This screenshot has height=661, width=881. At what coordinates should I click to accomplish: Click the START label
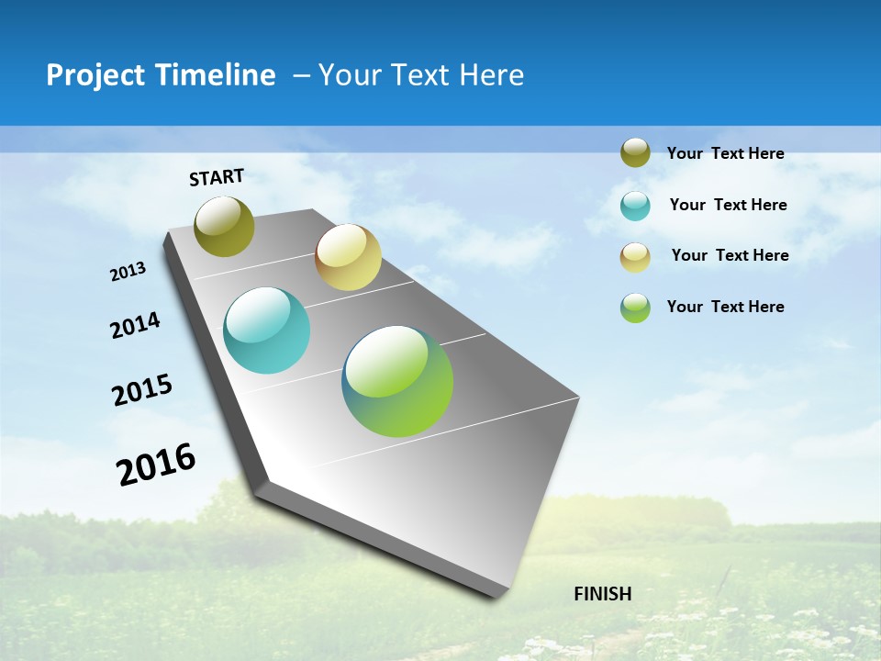pyautogui.click(x=217, y=176)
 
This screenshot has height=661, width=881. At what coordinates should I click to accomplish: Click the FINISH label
pyautogui.click(x=602, y=594)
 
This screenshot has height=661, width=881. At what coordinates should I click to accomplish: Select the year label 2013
pyautogui.click(x=128, y=272)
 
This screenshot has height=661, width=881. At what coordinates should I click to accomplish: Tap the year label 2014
pyautogui.click(x=136, y=326)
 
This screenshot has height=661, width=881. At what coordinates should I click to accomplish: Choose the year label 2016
pyautogui.click(x=157, y=464)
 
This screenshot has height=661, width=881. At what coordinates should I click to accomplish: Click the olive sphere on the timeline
pyautogui.click(x=225, y=226)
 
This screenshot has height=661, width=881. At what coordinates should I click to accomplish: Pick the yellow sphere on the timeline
pyautogui.click(x=348, y=257)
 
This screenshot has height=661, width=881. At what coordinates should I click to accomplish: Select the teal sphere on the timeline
pyautogui.click(x=267, y=330)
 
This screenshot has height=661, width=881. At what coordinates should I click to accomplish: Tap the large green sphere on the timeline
pyautogui.click(x=397, y=381)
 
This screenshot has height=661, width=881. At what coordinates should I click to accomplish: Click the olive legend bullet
pyautogui.click(x=635, y=152)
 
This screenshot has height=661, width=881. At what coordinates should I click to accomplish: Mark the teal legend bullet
pyautogui.click(x=635, y=206)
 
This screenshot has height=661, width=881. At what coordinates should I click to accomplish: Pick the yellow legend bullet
pyautogui.click(x=635, y=257)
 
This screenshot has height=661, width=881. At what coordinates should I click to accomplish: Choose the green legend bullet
pyautogui.click(x=635, y=308)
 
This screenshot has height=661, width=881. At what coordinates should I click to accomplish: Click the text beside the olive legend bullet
pyautogui.click(x=725, y=153)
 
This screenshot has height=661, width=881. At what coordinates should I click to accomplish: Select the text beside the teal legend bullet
pyautogui.click(x=728, y=205)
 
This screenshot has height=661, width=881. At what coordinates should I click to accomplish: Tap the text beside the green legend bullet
pyautogui.click(x=725, y=307)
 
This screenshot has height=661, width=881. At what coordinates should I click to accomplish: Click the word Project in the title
pyautogui.click(x=96, y=75)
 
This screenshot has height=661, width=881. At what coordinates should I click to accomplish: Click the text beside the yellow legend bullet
pyautogui.click(x=730, y=255)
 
